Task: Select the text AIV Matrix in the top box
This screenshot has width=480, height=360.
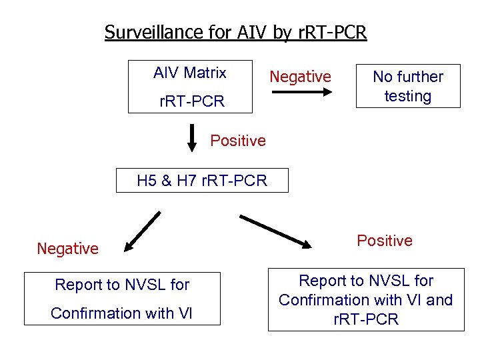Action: [x=190, y=73]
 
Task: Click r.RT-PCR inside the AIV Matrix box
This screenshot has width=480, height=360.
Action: [x=191, y=102]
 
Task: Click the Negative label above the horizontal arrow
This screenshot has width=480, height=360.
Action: [x=300, y=77]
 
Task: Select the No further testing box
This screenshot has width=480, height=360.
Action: [x=407, y=85]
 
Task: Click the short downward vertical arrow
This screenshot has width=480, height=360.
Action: [x=192, y=137]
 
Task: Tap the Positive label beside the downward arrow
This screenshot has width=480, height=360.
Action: [x=238, y=141]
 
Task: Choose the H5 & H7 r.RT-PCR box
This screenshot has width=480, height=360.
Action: [x=202, y=180]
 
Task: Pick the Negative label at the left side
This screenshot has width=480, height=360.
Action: [x=68, y=249]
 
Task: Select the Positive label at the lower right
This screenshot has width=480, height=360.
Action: [x=385, y=241]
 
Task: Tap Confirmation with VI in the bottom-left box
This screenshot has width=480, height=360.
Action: [x=121, y=313]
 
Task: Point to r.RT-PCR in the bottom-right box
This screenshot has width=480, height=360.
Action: [x=366, y=319]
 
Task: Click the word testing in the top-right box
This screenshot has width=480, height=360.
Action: [x=407, y=96]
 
